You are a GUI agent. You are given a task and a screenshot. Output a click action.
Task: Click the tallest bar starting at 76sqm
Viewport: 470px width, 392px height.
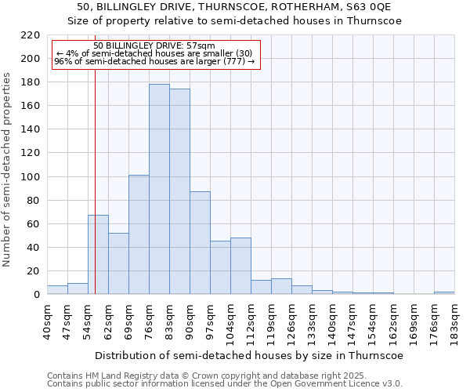click(x=159, y=189)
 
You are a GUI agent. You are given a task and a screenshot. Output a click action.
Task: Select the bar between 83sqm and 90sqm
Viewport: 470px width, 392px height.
click(x=179, y=191)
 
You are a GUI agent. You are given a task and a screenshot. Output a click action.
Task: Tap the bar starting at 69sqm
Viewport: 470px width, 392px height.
click(x=139, y=234)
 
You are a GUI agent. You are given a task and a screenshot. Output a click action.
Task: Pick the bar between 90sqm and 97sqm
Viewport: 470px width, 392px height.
click(x=200, y=243)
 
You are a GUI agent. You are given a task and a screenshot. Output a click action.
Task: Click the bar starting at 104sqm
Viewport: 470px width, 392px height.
click(x=240, y=266)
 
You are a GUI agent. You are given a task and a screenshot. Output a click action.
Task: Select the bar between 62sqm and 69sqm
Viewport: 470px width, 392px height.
click(x=118, y=263)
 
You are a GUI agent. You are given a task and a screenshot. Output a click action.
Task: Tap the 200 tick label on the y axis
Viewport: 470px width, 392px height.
click(x=31, y=59)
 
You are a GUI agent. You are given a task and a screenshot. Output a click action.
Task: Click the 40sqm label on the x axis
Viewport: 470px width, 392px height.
click(x=47, y=321)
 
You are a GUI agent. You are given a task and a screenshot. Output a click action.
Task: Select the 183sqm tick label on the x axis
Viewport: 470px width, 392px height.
click(x=454, y=321)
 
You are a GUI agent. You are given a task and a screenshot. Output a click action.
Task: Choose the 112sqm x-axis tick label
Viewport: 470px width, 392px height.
click(x=251, y=321)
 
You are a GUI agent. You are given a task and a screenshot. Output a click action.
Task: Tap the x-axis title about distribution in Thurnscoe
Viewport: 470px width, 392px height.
click(x=251, y=355)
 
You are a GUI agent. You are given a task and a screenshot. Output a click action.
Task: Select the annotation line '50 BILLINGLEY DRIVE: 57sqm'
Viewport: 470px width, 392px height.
click(x=154, y=45)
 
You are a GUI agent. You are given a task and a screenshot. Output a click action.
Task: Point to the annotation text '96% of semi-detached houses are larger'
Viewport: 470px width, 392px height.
click(x=154, y=61)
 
